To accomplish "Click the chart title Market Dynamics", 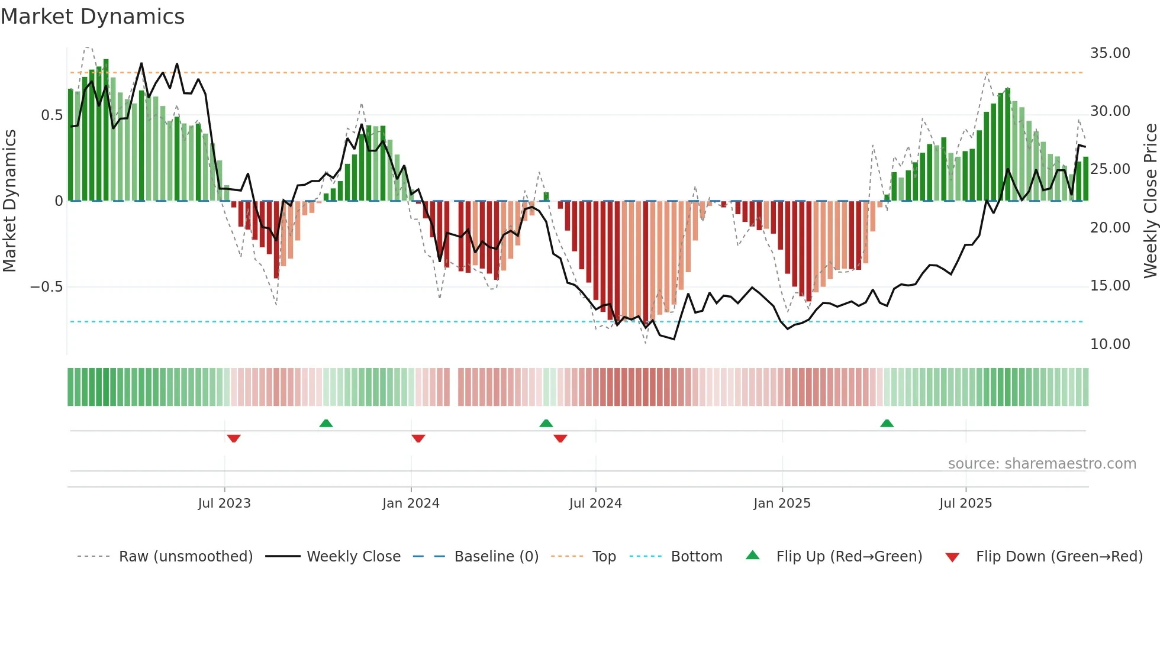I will [x=92, y=17].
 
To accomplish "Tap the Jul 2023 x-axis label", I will [x=224, y=503].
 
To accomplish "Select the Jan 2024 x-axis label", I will [x=411, y=503].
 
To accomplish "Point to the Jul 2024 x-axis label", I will [x=595, y=503].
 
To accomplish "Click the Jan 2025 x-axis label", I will [x=782, y=503].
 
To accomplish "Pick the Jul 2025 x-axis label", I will [x=965, y=503].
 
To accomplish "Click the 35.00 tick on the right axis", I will [x=1110, y=53].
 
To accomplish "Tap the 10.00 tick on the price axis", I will [x=1110, y=344].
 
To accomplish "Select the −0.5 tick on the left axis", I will [x=46, y=287].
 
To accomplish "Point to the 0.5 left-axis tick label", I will [x=51, y=115].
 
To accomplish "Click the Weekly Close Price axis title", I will [x=1150, y=201].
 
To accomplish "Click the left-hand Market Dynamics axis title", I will [x=9, y=201].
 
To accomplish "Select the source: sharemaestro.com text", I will [x=1042, y=464].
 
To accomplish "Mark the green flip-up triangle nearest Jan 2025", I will [x=887, y=423].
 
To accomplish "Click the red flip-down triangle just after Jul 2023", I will [x=234, y=438].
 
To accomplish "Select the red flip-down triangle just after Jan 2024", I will [x=418, y=438].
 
